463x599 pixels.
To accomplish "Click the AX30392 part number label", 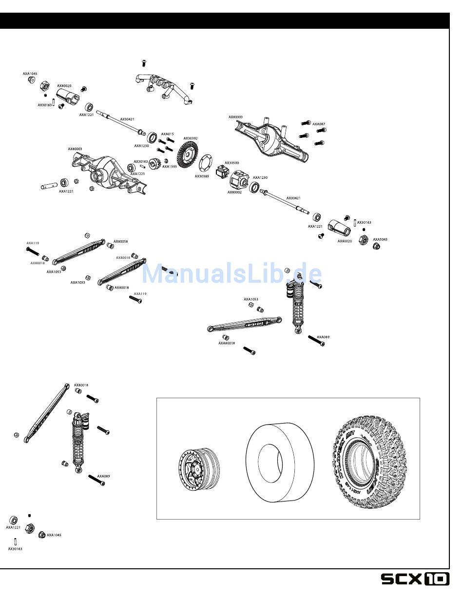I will (x=191, y=138).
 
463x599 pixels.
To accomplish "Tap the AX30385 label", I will (x=202, y=176).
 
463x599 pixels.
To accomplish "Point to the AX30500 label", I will (x=231, y=163).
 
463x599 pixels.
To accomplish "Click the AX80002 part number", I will (x=234, y=193).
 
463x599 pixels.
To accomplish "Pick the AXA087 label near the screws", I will (x=319, y=124).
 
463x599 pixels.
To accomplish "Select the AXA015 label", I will (x=168, y=134).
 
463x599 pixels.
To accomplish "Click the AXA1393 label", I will (x=170, y=167).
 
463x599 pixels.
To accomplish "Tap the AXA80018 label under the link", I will (x=227, y=343).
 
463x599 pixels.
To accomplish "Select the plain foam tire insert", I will (x=275, y=462).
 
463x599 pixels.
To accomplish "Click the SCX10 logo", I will (x=415, y=579).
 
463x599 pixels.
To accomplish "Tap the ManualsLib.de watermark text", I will (x=231, y=274).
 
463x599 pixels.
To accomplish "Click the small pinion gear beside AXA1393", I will (x=155, y=164).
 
